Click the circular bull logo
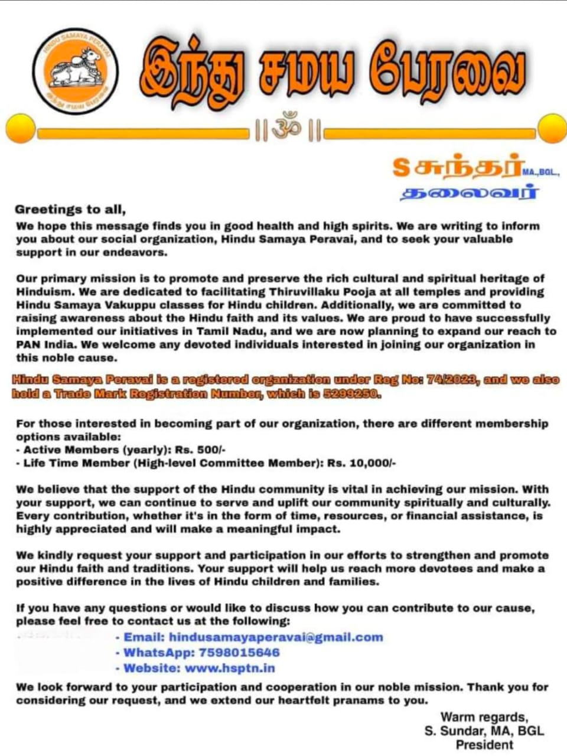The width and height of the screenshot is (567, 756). point(75,70)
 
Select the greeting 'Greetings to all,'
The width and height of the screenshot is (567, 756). point(70,209)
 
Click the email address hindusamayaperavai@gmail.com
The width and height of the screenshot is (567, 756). point(276,637)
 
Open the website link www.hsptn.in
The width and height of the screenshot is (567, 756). point(230,668)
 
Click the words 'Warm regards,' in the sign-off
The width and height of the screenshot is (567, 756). point(484,717)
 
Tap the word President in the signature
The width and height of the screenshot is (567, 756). point(484,745)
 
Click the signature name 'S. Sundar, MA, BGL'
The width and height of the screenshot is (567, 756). point(484,731)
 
